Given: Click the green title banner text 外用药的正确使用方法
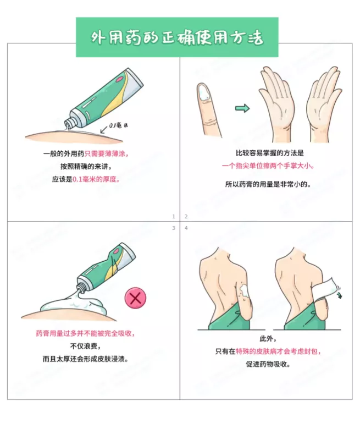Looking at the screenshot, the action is click(177, 37).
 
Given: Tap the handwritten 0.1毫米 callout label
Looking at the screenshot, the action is click(118, 126).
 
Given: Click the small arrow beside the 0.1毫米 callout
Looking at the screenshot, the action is click(103, 130).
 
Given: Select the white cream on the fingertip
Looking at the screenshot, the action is click(203, 92).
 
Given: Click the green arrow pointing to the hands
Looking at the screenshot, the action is click(242, 108).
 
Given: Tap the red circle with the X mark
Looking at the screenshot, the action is click(135, 298).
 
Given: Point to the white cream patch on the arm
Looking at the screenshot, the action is click(245, 291).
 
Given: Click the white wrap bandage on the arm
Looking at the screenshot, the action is click(325, 289).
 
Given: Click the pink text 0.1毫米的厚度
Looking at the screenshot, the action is click(96, 179).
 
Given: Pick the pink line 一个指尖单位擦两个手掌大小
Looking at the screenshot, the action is click(268, 166).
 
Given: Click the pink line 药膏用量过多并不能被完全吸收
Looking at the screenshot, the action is click(85, 333).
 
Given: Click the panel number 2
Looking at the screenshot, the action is click(186, 216).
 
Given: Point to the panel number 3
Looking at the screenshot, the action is click(174, 228).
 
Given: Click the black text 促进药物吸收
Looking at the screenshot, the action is click(268, 364).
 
